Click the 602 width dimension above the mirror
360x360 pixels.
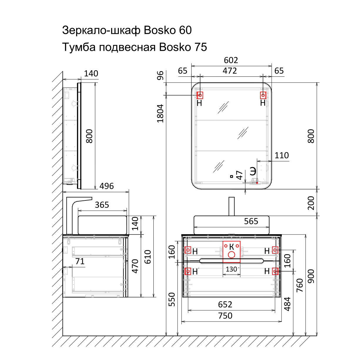click(231, 60)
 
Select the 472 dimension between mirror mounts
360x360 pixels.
click(230, 71)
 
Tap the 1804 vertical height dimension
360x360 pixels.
click(160, 113)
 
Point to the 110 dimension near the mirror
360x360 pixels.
click(282, 155)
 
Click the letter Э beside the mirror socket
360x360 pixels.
click(253, 171)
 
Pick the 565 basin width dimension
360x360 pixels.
click(251, 221)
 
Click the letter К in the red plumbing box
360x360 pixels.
click(232, 247)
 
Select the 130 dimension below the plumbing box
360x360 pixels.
click(231, 269)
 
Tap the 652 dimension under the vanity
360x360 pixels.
click(225, 304)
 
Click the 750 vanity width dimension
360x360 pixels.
click(225, 316)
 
